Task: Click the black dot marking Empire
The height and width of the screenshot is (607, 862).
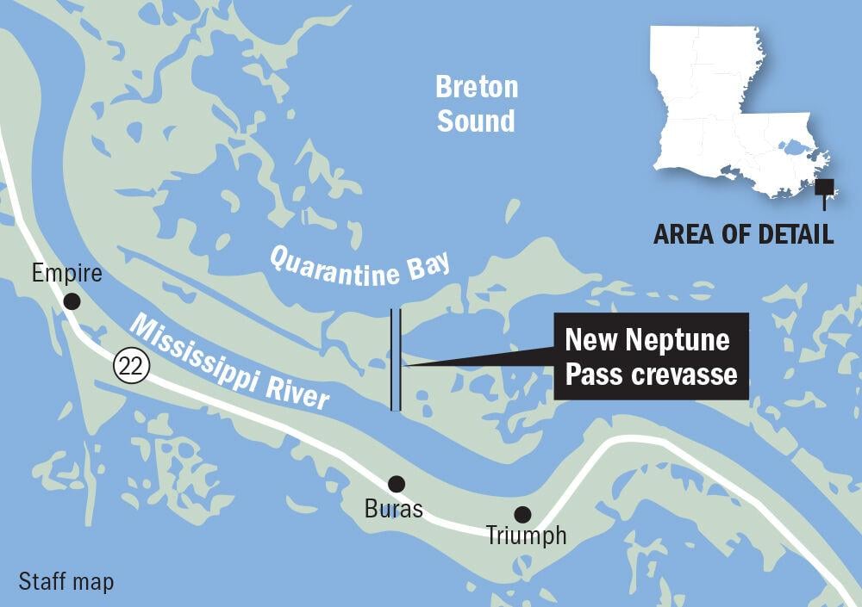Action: point(72,300)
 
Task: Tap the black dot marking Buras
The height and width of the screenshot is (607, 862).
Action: point(396,483)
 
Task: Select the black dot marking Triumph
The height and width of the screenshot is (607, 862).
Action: point(522,514)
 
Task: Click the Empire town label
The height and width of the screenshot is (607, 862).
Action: point(66,275)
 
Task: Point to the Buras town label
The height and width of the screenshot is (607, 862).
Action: point(394,509)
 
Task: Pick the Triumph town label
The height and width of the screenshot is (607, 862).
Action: point(526,536)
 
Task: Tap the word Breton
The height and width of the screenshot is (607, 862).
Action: point(477,87)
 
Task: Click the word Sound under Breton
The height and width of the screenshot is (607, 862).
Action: point(476,121)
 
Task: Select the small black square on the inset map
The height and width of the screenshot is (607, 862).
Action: point(825,187)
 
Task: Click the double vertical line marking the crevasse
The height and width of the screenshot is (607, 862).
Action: point(396,360)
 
